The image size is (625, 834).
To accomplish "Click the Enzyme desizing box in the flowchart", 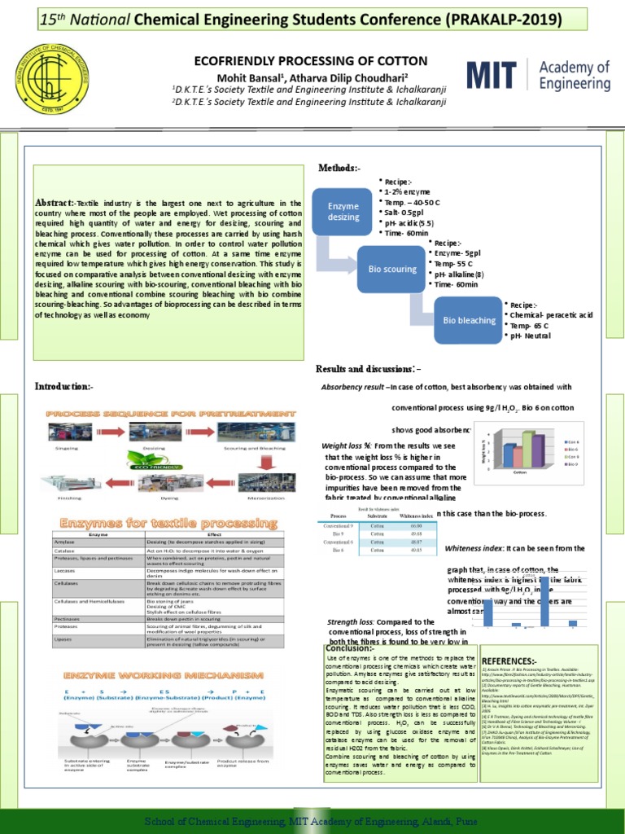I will [343, 212].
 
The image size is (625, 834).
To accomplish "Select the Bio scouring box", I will [392, 269].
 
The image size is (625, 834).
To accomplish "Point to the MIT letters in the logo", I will [492, 76].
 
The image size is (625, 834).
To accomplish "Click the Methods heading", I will [339, 168].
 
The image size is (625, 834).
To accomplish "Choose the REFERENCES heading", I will [509, 661].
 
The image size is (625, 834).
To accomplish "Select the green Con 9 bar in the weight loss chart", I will [527, 449].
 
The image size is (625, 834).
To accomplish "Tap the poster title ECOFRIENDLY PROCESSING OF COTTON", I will [310, 61].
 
